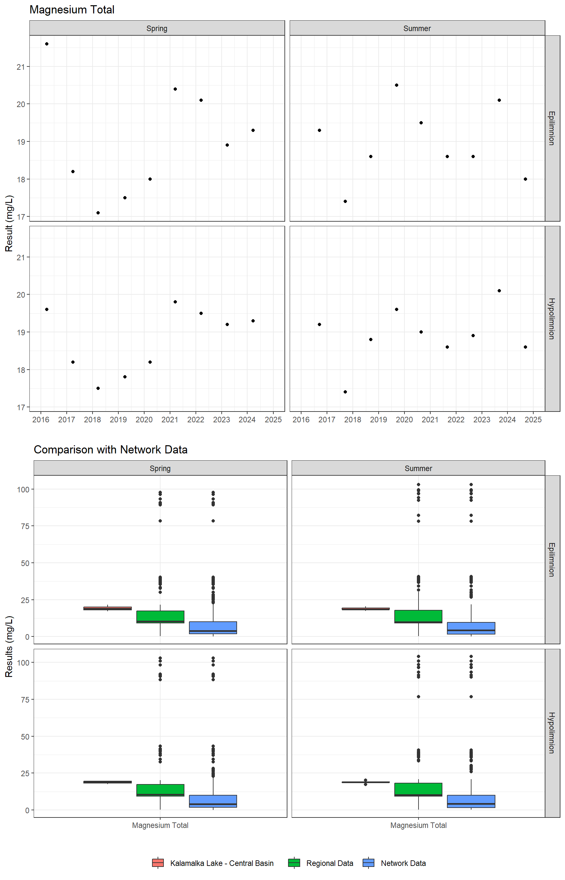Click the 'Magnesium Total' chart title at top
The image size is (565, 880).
click(72, 10)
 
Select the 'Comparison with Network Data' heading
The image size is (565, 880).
click(111, 449)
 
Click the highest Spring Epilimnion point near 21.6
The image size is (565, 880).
click(47, 44)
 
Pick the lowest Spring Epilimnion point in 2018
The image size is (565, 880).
click(98, 213)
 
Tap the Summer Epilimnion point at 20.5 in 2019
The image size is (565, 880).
click(397, 85)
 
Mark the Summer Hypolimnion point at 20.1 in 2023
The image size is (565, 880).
click(499, 291)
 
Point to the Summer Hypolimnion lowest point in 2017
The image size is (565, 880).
click(345, 392)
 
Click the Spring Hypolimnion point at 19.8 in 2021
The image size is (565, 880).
click(175, 302)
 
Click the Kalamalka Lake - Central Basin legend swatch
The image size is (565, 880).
click(158, 863)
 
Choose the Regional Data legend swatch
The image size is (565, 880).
click(294, 863)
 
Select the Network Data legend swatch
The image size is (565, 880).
click(368, 863)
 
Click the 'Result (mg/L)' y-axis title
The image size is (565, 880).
click(9, 223)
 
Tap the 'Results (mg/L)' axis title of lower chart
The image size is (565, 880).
click(9, 646)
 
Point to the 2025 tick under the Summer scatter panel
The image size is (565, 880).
click(533, 420)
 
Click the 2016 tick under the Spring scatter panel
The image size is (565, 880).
click(41, 420)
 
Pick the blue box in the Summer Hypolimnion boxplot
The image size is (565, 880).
click(471, 801)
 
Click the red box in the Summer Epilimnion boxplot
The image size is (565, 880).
click(366, 609)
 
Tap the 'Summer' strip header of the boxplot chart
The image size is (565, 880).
click(418, 468)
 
